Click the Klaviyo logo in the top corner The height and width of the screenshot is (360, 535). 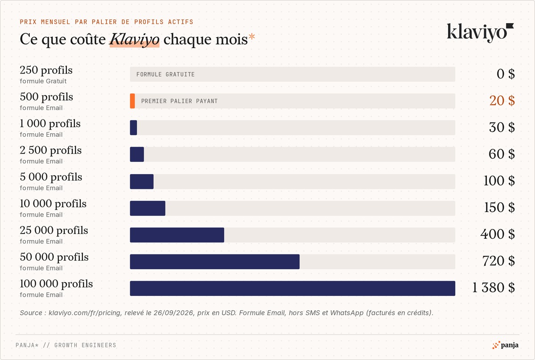[480, 33]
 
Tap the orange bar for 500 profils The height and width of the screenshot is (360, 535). [132, 101]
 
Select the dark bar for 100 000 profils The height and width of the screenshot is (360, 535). [292, 288]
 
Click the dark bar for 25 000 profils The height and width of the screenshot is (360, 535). [177, 235]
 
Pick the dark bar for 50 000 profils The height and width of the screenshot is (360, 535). [215, 262]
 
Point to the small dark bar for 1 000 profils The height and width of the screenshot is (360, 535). [133, 128]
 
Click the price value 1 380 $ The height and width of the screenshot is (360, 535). [494, 287]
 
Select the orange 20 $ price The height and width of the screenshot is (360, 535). [502, 101]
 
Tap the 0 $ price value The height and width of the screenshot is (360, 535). [506, 74]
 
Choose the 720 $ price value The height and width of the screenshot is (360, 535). [498, 261]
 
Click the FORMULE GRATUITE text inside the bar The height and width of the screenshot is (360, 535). [165, 74]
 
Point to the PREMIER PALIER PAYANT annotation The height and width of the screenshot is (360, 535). [179, 101]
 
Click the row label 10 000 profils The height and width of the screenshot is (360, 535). [53, 204]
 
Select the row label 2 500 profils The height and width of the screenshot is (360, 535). [51, 151]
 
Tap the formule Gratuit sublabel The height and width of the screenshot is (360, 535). [43, 81]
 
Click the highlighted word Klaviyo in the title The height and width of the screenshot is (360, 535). [135, 39]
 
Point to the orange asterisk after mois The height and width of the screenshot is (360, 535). [252, 37]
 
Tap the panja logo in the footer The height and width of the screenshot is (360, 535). [505, 345]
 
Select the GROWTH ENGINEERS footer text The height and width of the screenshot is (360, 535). [85, 345]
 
